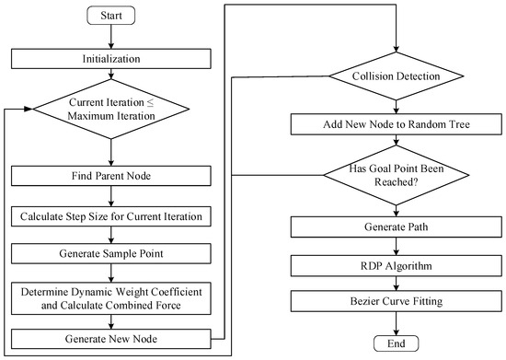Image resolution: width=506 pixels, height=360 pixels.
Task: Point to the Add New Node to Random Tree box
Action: coord(395,122)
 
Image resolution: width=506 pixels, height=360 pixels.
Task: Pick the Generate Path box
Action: coord(395,226)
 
